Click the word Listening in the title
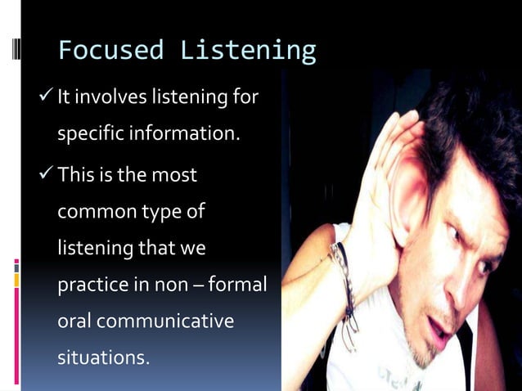click(x=248, y=51)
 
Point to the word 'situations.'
click(x=103, y=357)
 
